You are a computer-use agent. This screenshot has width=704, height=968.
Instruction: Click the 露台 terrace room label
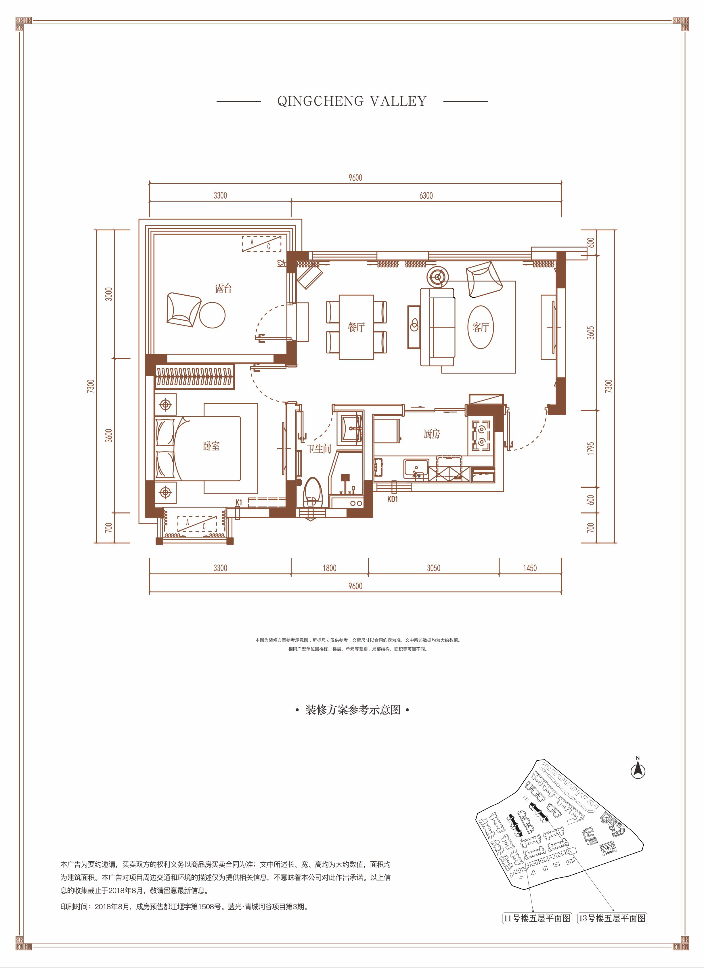coord(223,288)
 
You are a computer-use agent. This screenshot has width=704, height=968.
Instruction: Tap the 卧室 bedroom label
coord(211,446)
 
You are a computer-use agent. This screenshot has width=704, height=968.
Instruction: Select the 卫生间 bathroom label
coord(318,449)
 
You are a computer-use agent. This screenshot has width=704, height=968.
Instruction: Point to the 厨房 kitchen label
coord(432,434)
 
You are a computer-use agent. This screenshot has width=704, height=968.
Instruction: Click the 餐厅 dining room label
coord(357,327)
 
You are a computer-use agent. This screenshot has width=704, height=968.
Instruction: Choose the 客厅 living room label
coord(481,327)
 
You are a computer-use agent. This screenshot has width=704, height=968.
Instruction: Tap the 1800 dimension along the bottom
coord(329,568)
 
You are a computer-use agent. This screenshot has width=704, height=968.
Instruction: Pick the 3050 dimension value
coord(433,568)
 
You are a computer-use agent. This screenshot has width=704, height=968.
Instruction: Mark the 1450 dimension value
coord(530,568)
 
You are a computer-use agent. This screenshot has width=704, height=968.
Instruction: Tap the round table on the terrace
coord(212,315)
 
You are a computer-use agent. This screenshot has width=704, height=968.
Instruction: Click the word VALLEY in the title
coord(398,101)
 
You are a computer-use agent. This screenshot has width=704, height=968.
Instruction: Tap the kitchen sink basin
coord(416,469)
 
